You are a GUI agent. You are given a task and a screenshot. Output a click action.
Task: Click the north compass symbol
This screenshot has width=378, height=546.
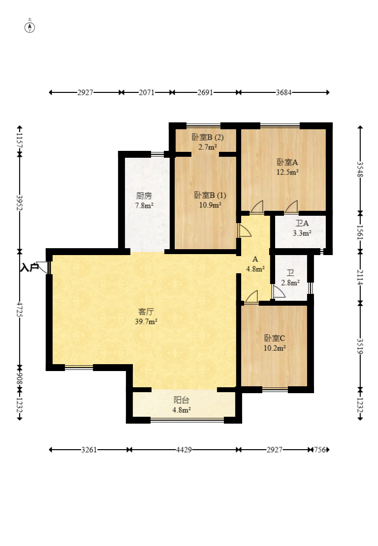[x=30, y=27]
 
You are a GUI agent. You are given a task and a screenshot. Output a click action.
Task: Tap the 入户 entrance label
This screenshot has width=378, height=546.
[x=30, y=268]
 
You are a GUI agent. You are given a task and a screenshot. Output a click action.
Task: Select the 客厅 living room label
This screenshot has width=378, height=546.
[x=146, y=312]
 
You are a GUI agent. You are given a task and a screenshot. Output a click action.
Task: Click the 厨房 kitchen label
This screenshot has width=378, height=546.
[x=144, y=196]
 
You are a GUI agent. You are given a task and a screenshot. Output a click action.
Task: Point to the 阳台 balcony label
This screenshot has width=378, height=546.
[x=181, y=401]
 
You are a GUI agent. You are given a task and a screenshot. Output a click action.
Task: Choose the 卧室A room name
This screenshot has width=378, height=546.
[x=287, y=162]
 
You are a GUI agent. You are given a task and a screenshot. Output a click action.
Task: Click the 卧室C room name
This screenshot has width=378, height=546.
[x=275, y=338]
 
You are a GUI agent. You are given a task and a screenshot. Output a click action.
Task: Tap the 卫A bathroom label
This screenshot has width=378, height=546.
[x=302, y=223]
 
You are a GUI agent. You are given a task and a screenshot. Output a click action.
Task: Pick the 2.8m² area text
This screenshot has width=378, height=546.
[x=290, y=283]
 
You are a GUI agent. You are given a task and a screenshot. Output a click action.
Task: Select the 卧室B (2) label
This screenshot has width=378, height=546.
[x=208, y=137]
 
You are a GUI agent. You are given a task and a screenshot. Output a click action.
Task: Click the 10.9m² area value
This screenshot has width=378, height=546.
[x=210, y=205]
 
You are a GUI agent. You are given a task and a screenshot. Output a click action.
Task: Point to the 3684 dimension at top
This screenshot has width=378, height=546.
[x=284, y=92]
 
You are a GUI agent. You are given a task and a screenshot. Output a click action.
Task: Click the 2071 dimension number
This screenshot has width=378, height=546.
[x=147, y=92]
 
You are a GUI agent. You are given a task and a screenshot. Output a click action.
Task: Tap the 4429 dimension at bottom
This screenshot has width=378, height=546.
[x=184, y=450]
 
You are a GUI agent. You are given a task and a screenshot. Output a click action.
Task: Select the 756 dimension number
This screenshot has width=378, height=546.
[x=320, y=450]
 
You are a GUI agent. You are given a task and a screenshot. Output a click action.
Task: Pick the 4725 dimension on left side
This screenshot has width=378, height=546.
[x=19, y=310]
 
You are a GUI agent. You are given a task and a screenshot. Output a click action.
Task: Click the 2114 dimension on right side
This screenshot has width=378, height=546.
[x=360, y=277]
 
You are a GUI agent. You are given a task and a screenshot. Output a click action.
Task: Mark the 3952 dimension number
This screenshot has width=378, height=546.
[x=19, y=202]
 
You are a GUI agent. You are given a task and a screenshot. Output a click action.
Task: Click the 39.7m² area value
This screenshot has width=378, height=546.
[x=146, y=321]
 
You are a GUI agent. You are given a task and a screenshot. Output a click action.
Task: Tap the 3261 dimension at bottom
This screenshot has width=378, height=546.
[x=89, y=450]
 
